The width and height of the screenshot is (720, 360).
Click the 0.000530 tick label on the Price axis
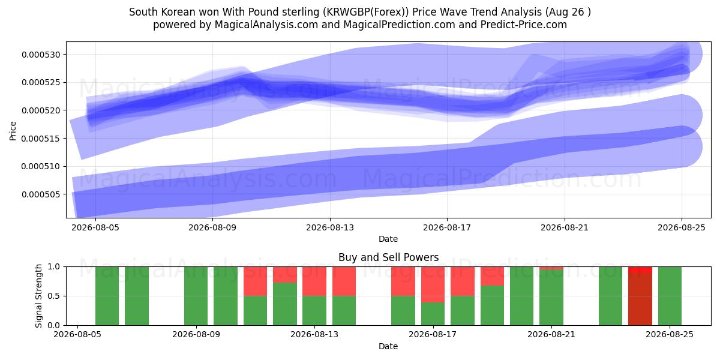(x=41, y=55)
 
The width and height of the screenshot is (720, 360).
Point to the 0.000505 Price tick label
(x=41, y=194)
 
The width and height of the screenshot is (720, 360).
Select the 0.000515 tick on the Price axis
(x=41, y=139)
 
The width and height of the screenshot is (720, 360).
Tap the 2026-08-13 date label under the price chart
(x=330, y=227)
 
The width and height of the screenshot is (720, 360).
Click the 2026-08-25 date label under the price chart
(x=682, y=227)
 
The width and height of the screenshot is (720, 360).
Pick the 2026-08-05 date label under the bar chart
(x=77, y=334)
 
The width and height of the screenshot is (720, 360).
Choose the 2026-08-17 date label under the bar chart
(x=433, y=334)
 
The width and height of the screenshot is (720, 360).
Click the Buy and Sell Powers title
(x=388, y=257)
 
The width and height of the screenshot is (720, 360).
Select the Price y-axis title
(x=13, y=131)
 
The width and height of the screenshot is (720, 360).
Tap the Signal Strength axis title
(x=38, y=296)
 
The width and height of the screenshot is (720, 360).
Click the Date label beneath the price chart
(x=388, y=239)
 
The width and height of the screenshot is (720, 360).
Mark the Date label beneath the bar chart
(x=388, y=346)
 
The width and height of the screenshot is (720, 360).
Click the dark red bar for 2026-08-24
(x=640, y=299)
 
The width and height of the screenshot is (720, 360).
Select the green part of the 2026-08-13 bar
(x=314, y=311)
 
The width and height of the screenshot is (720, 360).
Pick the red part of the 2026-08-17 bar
(x=433, y=284)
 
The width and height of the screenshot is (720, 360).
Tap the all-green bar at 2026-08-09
(x=196, y=296)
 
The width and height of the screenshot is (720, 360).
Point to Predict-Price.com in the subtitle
(x=524, y=25)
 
